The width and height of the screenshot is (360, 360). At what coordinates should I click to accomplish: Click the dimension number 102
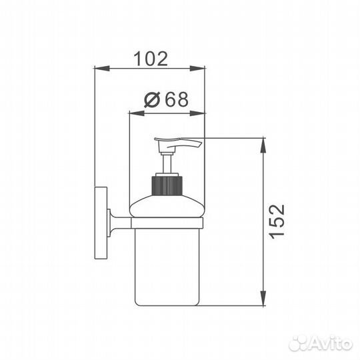click(x=151, y=59)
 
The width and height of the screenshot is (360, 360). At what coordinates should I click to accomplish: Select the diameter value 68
click(x=177, y=99)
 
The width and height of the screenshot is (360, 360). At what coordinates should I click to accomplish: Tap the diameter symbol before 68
click(x=152, y=99)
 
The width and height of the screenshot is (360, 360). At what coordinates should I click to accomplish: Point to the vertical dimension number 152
click(x=277, y=222)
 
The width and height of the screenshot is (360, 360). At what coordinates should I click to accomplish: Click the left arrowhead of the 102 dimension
click(x=102, y=68)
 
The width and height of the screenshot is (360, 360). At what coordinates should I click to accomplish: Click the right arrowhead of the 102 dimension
click(x=197, y=68)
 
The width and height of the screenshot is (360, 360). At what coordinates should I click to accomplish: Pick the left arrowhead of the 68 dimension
click(x=137, y=113)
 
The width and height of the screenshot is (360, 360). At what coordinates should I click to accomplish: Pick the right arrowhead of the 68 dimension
click(x=197, y=113)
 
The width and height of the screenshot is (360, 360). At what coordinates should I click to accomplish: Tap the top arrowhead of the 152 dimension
click(x=263, y=145)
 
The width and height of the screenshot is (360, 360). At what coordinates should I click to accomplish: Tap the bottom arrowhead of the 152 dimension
click(x=263, y=298)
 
